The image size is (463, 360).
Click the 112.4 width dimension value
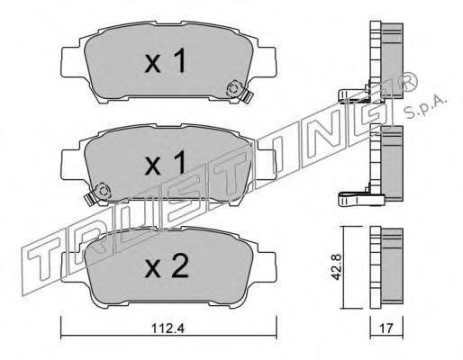pyautogui.click(x=168, y=329)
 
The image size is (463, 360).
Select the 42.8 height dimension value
pyautogui.click(x=336, y=267)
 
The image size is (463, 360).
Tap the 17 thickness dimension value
pyautogui.click(x=386, y=328)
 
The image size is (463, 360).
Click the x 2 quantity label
pyautogui.click(x=167, y=265)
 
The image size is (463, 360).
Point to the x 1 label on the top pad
pyautogui.click(x=165, y=61)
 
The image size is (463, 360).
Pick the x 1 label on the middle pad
pyautogui.click(x=165, y=163)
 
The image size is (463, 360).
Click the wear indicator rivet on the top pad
pyautogui.click(x=234, y=89)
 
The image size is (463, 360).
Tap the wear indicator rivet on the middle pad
pyautogui.click(x=103, y=191)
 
